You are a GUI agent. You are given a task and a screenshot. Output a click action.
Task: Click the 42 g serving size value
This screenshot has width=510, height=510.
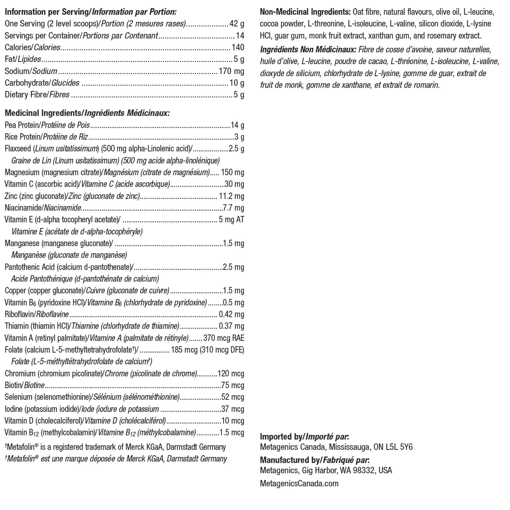click(237, 24)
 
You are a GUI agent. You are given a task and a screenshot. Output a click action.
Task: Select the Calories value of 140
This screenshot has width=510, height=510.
click(238, 47)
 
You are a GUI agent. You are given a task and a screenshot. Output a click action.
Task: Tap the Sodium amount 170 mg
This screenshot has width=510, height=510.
click(231, 71)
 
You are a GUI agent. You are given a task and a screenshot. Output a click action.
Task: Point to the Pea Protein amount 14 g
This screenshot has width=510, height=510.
click(237, 125)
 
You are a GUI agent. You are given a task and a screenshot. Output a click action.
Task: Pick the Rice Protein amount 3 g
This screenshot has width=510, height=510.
click(239, 137)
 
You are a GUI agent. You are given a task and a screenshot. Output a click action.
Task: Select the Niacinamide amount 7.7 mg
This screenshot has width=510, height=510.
click(234, 207)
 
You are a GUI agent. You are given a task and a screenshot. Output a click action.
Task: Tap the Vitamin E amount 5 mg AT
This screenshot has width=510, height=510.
click(232, 219)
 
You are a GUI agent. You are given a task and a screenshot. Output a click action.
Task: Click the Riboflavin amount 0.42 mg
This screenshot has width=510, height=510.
click(232, 314)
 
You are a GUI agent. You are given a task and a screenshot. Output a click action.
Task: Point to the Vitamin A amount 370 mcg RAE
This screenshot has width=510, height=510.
click(224, 338)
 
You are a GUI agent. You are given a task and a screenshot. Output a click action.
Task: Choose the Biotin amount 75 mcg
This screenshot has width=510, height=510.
click(233, 385)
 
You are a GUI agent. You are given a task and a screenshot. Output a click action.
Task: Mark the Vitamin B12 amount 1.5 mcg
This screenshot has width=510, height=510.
click(232, 432)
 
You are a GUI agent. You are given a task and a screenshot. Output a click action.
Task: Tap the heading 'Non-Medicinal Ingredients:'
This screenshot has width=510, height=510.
click(305, 13)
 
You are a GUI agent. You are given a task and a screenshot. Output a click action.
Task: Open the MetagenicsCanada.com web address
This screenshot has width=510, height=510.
click(299, 483)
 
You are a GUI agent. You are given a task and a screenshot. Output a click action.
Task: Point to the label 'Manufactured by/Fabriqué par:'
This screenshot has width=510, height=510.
click(314, 460)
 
